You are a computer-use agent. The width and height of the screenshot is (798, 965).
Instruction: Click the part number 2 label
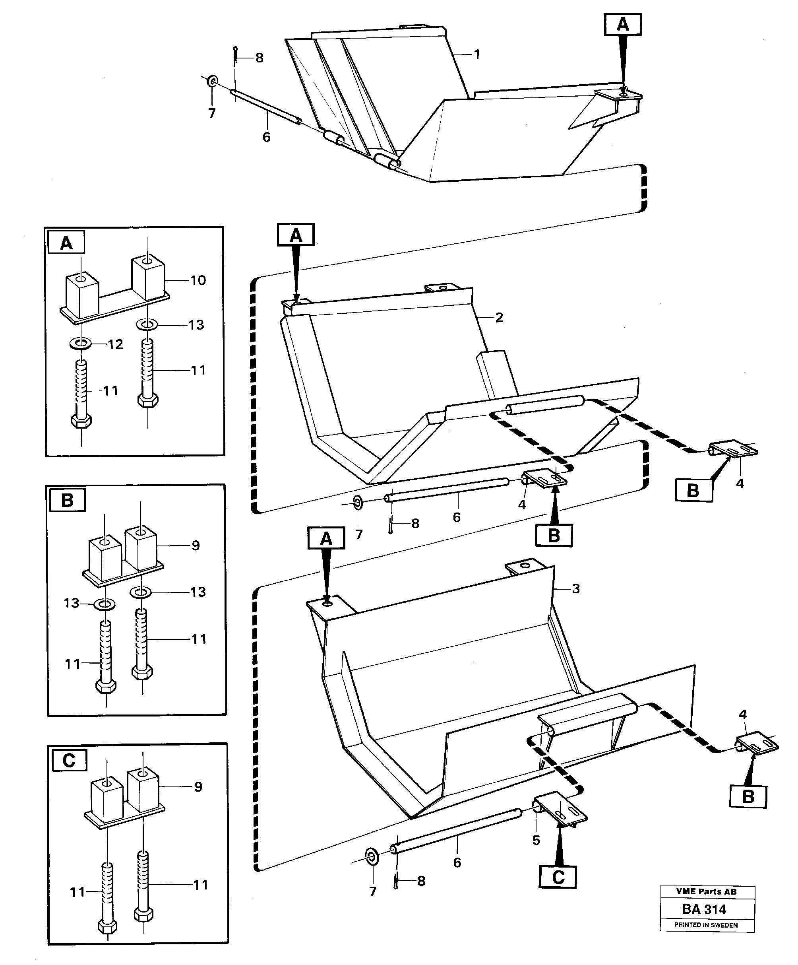[x=500, y=318]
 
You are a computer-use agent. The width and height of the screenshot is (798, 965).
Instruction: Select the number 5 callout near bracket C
[x=536, y=840]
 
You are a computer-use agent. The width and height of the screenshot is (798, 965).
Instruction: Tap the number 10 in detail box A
[x=198, y=280]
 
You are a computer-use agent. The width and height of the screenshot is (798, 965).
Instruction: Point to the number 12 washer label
[x=116, y=344]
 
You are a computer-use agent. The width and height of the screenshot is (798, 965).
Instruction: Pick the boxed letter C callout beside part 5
[x=558, y=877]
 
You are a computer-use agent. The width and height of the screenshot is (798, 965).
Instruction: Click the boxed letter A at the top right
[x=622, y=24]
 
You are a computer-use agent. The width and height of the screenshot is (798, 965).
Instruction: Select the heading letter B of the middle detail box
[x=67, y=500]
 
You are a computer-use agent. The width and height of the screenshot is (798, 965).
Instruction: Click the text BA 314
[x=704, y=909]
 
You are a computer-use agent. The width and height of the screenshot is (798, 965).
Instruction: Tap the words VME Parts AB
[x=706, y=891]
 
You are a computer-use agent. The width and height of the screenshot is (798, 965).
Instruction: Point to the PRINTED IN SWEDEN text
[x=706, y=925]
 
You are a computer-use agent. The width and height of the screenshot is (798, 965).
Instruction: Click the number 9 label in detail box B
[x=196, y=546]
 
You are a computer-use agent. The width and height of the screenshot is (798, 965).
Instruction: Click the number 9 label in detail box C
[x=198, y=787]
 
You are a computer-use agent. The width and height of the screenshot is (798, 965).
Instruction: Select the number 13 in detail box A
[x=196, y=325]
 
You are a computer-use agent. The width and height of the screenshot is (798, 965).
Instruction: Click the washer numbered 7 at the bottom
[x=372, y=856]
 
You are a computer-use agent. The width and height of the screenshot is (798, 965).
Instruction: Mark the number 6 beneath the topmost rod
[x=266, y=137]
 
